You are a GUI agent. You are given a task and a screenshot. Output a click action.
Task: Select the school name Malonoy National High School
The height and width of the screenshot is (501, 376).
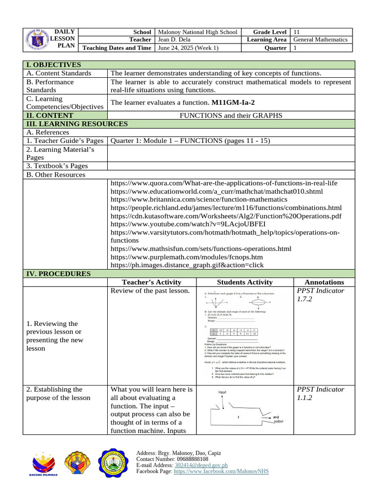[197, 32]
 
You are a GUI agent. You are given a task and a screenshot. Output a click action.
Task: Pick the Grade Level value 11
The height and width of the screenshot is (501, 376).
[297, 32]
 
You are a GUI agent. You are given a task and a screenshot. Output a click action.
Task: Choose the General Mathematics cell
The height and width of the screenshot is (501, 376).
[320, 40]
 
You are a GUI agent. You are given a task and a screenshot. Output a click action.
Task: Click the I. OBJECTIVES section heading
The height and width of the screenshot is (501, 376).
[53, 65]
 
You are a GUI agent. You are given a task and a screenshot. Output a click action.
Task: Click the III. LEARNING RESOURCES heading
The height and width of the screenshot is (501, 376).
[77, 124]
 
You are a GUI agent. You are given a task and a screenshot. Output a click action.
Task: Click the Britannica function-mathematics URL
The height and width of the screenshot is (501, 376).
[199, 199]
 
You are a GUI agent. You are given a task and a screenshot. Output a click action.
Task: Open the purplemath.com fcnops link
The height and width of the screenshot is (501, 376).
[187, 257]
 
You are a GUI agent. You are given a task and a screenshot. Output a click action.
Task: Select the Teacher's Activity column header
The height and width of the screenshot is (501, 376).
[151, 282]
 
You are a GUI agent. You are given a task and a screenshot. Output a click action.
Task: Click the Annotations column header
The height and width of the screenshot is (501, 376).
[324, 282]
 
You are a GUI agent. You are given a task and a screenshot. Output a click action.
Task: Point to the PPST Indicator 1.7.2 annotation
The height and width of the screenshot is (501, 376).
[320, 295]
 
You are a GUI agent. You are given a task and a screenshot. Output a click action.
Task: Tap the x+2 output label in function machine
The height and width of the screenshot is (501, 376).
[276, 417]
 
